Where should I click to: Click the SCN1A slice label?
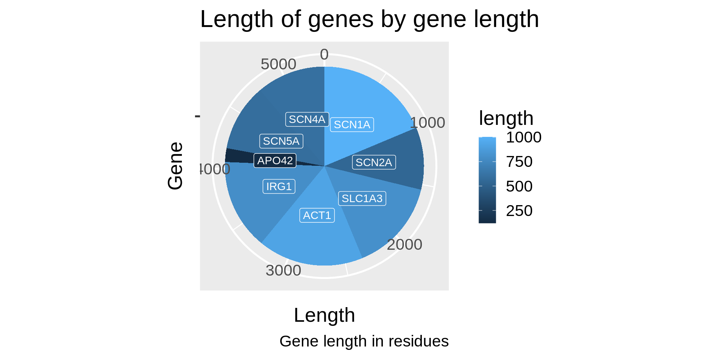click(x=352, y=124)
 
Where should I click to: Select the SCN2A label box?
click(x=374, y=162)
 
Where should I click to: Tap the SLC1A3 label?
click(x=362, y=198)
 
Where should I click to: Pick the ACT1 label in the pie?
click(x=317, y=215)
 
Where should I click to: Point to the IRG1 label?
click(x=279, y=186)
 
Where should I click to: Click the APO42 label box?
click(x=275, y=160)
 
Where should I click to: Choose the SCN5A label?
click(x=281, y=141)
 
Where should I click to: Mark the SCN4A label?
click(x=307, y=119)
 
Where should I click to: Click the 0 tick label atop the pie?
click(x=324, y=55)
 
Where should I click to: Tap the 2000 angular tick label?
click(x=405, y=244)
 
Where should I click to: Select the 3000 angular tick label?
click(x=283, y=270)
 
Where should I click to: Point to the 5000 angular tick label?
click(x=279, y=64)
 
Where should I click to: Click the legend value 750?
click(x=519, y=162)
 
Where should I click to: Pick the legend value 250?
click(x=519, y=211)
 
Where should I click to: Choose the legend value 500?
click(x=519, y=186)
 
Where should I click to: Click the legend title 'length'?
click(x=506, y=118)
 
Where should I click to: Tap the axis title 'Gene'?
click(x=175, y=166)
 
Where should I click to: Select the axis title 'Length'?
click(x=324, y=315)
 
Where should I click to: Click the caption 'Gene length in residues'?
click(x=364, y=341)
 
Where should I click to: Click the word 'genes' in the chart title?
click(x=340, y=19)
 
